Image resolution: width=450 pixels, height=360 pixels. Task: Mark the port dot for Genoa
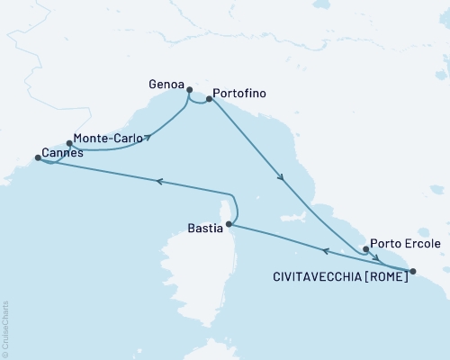[x=189, y=89]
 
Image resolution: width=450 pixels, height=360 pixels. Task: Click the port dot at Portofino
[x=209, y=100]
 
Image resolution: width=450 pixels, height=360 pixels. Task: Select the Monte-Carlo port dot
[x=69, y=142]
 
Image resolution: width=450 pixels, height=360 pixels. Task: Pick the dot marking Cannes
[x=37, y=158]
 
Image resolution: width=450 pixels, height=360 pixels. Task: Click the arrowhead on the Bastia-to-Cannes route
[x=159, y=181]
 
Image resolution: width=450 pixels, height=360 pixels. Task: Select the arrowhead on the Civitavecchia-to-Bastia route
[x=326, y=251]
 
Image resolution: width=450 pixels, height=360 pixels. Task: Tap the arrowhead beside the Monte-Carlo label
[x=147, y=139]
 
